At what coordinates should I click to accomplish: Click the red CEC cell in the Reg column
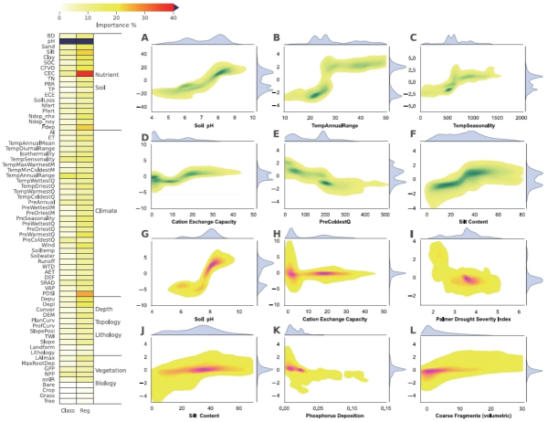click(84, 73)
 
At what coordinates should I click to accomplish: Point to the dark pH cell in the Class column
click(68, 41)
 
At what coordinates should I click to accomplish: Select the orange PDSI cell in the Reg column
click(84, 293)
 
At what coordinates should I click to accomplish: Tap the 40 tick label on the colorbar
click(174, 16)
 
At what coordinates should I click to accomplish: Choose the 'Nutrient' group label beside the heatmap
click(108, 73)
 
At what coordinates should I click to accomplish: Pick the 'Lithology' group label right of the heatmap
click(111, 335)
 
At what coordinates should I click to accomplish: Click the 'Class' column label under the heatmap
click(68, 411)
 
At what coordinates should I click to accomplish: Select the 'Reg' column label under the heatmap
click(85, 411)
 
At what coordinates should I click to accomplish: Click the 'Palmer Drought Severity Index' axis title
click(468, 319)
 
